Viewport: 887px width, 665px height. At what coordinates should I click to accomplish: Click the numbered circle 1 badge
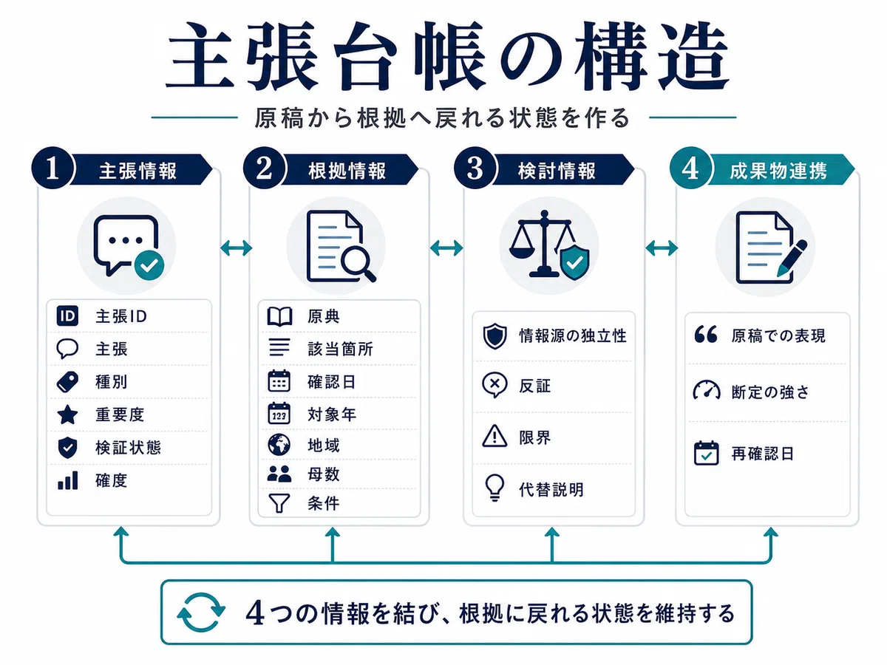click(52, 168)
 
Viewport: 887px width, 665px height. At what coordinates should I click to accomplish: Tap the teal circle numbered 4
click(690, 168)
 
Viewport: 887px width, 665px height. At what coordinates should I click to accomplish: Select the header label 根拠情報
click(347, 171)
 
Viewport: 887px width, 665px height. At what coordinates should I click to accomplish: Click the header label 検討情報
click(557, 171)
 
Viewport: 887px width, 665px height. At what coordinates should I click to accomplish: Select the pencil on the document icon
click(792, 259)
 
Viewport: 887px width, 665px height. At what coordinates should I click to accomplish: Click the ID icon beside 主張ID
click(67, 316)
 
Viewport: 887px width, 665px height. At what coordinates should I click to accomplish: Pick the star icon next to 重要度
click(67, 415)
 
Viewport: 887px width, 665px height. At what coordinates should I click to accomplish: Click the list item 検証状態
click(128, 448)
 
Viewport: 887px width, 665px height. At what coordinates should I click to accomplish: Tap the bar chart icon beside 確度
click(67, 480)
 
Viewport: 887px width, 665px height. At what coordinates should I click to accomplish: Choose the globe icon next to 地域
click(279, 445)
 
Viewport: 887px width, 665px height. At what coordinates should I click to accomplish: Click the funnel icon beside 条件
click(279, 503)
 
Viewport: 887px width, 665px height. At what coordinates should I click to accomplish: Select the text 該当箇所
click(340, 349)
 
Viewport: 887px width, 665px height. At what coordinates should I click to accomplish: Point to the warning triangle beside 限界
click(495, 436)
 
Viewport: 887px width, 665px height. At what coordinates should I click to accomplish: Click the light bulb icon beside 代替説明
click(495, 488)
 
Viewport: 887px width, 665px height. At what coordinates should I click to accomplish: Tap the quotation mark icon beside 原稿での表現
click(706, 334)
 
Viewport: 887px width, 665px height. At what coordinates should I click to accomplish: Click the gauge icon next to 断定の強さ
click(707, 390)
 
